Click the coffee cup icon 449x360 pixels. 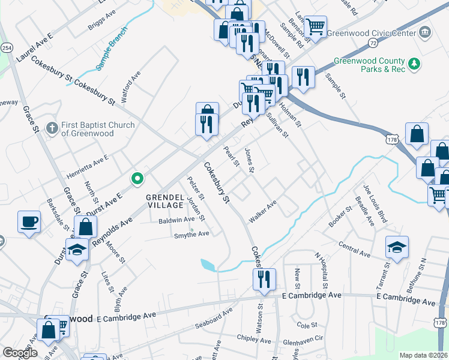[29, 223]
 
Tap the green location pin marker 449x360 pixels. [137, 178]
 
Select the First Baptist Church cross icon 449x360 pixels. [52, 128]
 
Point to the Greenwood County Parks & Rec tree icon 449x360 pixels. [414, 64]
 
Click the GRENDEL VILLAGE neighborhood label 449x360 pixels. [164, 201]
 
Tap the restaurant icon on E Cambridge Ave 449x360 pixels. [264, 279]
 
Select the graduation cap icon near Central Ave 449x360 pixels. [396, 247]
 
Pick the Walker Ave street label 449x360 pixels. [263, 213]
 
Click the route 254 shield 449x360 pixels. [7, 47]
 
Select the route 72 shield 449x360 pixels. [373, 43]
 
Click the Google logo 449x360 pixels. [20, 353]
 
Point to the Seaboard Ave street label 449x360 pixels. [213, 320]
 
